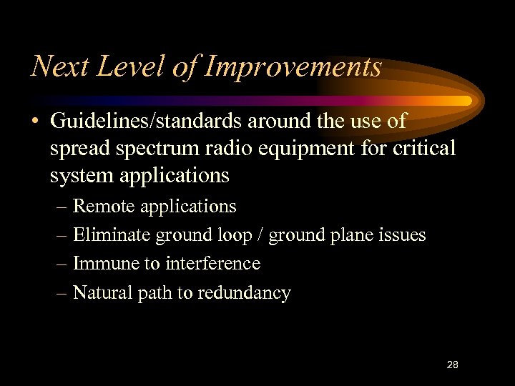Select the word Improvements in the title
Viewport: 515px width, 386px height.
pos(293,67)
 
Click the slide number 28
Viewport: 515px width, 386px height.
pos(452,365)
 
